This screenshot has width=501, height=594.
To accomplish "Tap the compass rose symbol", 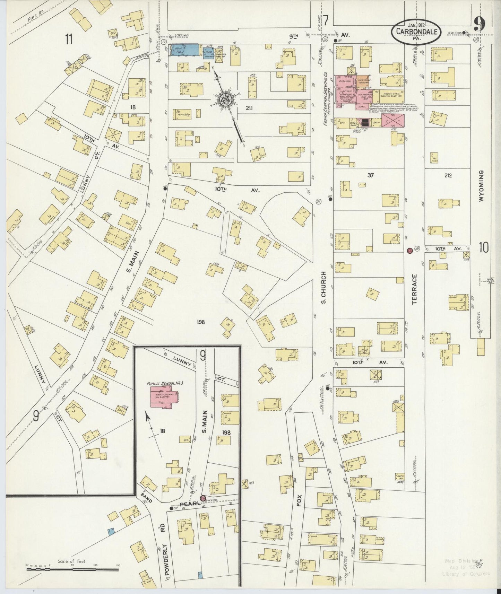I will tap(226, 100).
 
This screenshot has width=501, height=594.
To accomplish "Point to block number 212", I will tap(447, 176).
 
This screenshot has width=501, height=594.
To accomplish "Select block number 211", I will tap(249, 108).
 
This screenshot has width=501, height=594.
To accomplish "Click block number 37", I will tap(371, 175).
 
